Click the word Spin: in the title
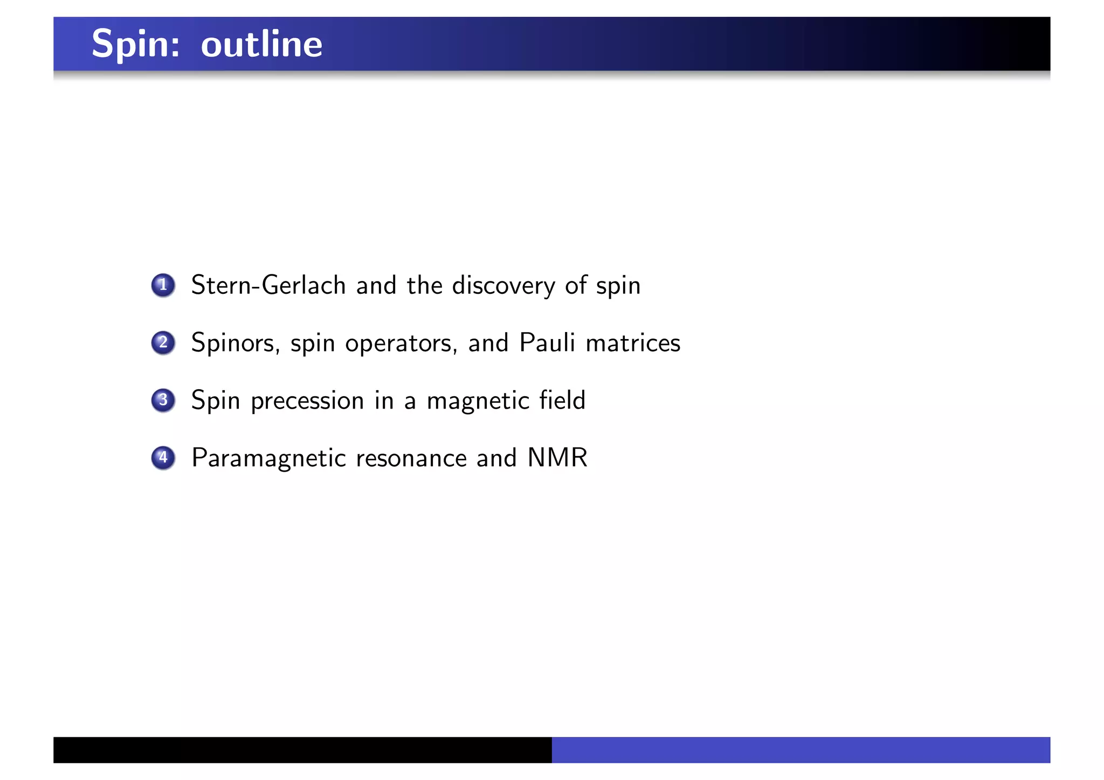(135, 44)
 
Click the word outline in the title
(261, 44)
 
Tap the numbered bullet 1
(163, 285)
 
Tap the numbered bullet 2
(163, 343)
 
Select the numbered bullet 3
(163, 401)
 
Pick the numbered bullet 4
(163, 458)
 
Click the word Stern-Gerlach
(268, 285)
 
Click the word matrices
(633, 343)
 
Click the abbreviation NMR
(557, 458)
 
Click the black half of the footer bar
(302, 750)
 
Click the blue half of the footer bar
(801, 750)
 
